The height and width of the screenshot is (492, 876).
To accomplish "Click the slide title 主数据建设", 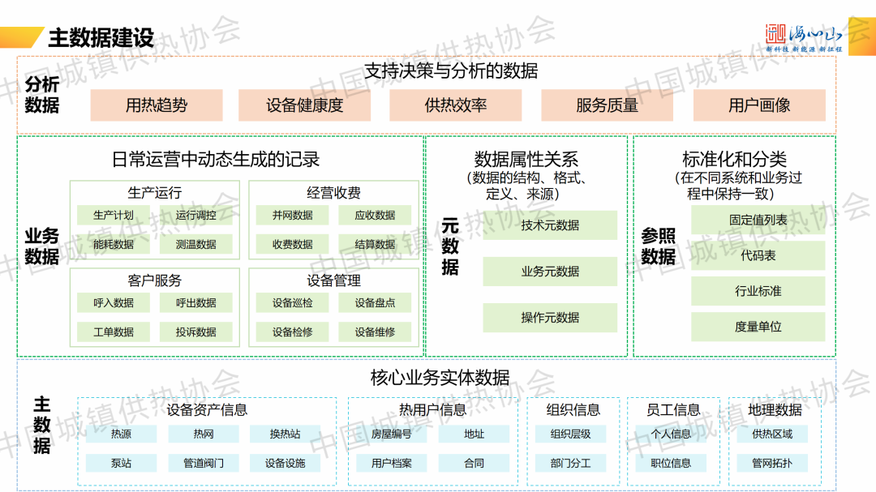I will tap(101, 37).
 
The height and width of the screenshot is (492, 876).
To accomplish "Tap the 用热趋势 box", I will tap(157, 105).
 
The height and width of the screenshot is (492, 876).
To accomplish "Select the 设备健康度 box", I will tap(304, 105).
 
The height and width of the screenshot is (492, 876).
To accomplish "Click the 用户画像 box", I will tap(759, 105).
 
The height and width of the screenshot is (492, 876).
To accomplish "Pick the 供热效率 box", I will tap(456, 105).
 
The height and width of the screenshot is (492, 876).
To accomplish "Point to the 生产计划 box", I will tap(114, 216).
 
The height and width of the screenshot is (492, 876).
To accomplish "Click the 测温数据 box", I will tap(195, 244).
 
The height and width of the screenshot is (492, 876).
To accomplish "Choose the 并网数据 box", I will tap(293, 216).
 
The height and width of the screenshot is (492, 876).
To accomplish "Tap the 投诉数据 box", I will tap(195, 332).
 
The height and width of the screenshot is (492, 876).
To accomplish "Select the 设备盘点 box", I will tap(375, 303).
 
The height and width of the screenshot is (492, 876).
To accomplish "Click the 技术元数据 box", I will tap(550, 225).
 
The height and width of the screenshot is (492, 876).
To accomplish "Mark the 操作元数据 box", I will tap(550, 318).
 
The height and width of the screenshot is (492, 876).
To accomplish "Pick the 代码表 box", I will tap(758, 255).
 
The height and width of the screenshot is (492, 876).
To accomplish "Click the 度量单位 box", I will tap(758, 327).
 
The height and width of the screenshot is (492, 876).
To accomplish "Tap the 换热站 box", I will tap(285, 434).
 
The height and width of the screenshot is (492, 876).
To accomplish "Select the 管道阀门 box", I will tap(203, 464).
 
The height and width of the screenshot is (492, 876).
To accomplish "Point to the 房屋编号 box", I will tap(392, 434).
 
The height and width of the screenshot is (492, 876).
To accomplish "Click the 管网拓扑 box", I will tap(772, 464).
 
